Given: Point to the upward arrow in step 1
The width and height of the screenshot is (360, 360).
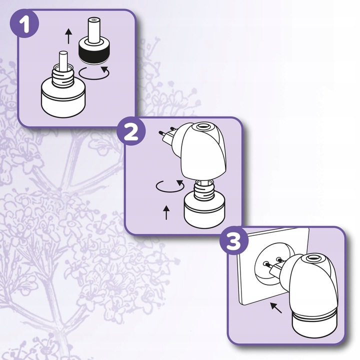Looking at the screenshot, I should [x=68, y=36].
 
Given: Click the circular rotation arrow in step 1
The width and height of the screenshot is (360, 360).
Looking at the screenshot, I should [x=95, y=72].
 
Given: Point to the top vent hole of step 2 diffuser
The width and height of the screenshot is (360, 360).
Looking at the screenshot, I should [x=202, y=128].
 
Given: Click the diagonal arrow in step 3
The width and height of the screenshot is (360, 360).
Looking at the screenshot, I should [x=275, y=306].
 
